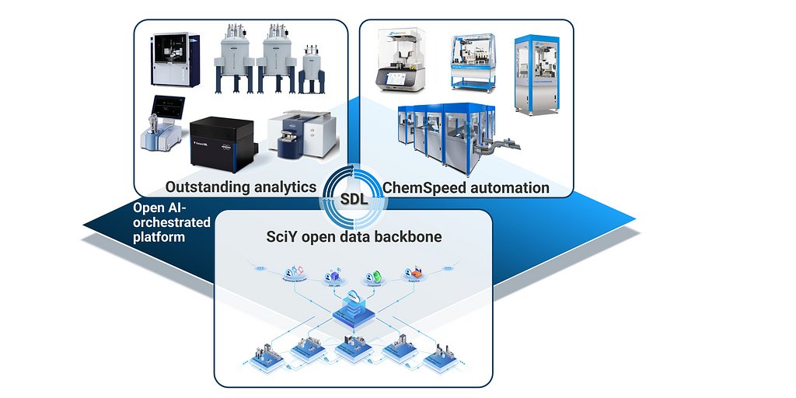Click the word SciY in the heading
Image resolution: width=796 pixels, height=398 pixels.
tap(279, 236)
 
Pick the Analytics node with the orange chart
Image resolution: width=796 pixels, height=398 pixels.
tap(413, 274)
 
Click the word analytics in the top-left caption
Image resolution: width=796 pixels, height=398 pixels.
tap(285, 187)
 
